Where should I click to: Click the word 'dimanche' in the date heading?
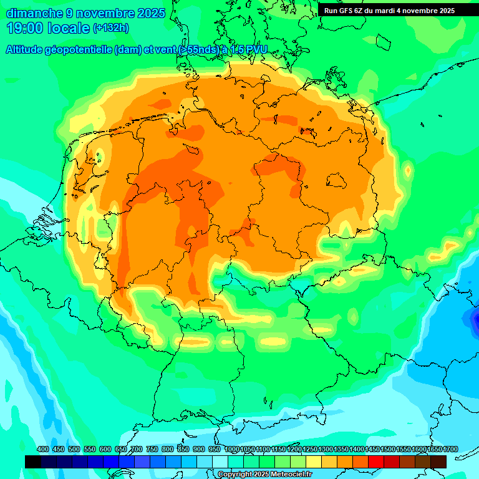tap(34, 13)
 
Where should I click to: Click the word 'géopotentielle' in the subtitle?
tap(79, 50)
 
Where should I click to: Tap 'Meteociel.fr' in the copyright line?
tap(288, 475)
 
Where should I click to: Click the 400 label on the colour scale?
tap(43, 449)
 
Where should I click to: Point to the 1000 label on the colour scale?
tap(231, 449)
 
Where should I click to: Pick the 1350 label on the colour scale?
tap(341, 449)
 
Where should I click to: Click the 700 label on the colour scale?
tap(137, 449)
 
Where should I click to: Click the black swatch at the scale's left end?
tap(33, 462)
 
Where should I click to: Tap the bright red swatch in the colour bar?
tap(376, 462)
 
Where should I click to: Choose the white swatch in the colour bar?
tap(220, 462)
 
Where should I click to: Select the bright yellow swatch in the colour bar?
tap(314, 462)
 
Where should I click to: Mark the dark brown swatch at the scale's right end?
tap(438, 462)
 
